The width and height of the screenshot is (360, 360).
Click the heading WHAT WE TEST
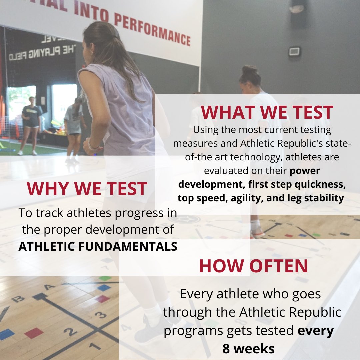click(x=267, y=112)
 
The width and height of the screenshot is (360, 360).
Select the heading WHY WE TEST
click(x=87, y=189)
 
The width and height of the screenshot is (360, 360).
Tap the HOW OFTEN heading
click(x=253, y=266)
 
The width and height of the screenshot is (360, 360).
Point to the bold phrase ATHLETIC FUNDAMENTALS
click(x=98, y=246)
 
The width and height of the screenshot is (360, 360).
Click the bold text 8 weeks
click(x=248, y=348)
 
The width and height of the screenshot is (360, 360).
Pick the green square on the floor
click(x=105, y=278)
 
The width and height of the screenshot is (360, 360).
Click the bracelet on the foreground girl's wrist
click(x=92, y=147)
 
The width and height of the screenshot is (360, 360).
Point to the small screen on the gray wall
click(x=294, y=51)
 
